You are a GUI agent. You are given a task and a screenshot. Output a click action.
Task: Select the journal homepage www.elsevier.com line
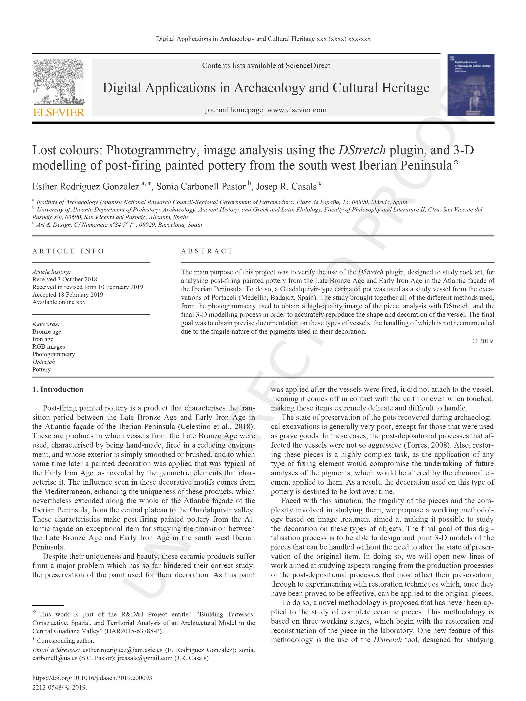(266, 110)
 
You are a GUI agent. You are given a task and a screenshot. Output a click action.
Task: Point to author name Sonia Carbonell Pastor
(201, 186)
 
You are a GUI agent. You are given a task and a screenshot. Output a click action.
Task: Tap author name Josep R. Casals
(286, 186)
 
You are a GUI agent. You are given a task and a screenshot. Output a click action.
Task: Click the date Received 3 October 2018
(65, 279)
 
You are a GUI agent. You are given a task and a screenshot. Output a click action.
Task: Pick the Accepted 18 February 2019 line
(67, 294)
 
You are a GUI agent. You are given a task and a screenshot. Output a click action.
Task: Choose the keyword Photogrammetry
(54, 354)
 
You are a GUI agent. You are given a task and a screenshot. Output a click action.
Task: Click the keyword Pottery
(41, 369)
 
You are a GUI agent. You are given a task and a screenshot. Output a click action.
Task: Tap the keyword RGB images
(49, 346)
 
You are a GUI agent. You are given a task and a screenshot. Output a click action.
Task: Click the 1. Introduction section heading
(58, 389)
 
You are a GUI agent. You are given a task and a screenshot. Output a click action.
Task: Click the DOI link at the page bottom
(92, 678)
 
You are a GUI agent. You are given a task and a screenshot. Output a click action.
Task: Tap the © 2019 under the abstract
(483, 341)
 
